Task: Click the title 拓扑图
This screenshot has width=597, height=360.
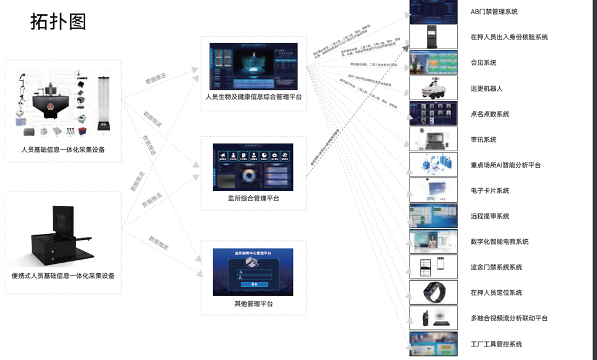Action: pyautogui.click(x=58, y=22)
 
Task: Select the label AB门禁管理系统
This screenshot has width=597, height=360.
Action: pyautogui.click(x=494, y=12)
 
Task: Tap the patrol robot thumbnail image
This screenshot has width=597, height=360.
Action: pyautogui.click(x=433, y=88)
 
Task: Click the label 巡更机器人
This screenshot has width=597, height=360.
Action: pyautogui.click(x=486, y=89)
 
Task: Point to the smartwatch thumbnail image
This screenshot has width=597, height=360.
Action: pyautogui.click(x=433, y=292)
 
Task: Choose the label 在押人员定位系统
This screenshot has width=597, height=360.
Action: pyautogui.click(x=496, y=293)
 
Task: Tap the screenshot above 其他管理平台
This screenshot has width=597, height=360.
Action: pyautogui.click(x=253, y=268)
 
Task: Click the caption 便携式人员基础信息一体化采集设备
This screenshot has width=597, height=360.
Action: pyautogui.click(x=63, y=276)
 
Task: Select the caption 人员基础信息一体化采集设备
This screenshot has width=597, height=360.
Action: pyautogui.click(x=63, y=150)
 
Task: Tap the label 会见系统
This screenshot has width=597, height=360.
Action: pyautogui.click(x=483, y=63)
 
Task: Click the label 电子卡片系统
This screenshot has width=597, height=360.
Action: pyautogui.click(x=490, y=191)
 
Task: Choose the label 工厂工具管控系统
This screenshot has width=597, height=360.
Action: pyautogui.click(x=496, y=344)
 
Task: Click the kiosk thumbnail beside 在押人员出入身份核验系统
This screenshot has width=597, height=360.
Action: pyautogui.click(x=433, y=37)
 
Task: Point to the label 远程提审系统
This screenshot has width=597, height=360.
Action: pyautogui.click(x=490, y=216)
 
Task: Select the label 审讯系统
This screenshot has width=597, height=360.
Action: pyautogui.click(x=483, y=140)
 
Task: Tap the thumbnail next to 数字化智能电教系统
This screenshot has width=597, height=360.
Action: pyautogui.click(x=433, y=241)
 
